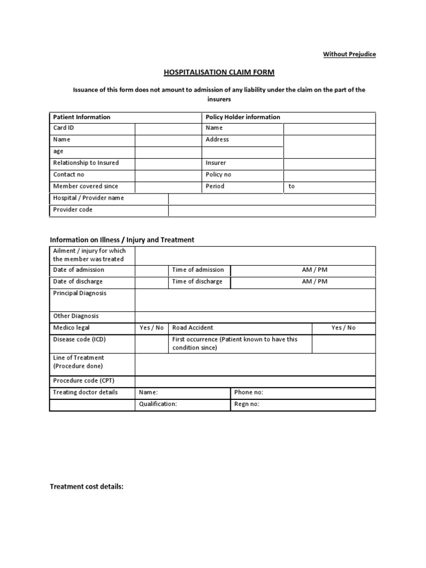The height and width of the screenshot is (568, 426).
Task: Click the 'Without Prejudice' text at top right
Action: click(349, 54)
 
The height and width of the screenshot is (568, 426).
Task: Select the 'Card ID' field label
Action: click(63, 128)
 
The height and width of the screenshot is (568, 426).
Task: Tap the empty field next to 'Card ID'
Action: click(168, 128)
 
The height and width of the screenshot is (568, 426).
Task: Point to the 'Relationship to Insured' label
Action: click(85, 163)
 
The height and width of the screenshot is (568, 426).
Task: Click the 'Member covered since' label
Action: click(85, 186)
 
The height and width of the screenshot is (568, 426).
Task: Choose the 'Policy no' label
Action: click(218, 175)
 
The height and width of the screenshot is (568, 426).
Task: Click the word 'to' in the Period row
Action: click(292, 186)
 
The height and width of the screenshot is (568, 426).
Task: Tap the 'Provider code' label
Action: click(73, 210)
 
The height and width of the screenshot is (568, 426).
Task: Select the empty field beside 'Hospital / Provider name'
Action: click(272, 199)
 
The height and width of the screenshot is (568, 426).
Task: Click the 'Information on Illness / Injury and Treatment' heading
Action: click(122, 240)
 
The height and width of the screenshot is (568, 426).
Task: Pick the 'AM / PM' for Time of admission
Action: click(315, 270)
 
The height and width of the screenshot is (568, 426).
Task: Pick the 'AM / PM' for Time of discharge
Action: click(315, 282)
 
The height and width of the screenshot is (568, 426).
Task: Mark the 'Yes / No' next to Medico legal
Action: click(151, 328)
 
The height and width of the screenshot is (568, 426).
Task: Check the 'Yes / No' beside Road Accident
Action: click(343, 328)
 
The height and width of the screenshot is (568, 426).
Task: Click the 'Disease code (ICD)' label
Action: click(79, 339)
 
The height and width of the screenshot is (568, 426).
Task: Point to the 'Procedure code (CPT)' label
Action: click(84, 381)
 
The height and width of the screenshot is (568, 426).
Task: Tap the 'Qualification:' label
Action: click(158, 404)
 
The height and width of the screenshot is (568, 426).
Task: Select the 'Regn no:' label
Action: click(247, 404)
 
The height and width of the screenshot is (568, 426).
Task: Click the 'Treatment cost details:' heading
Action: click(87, 487)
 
